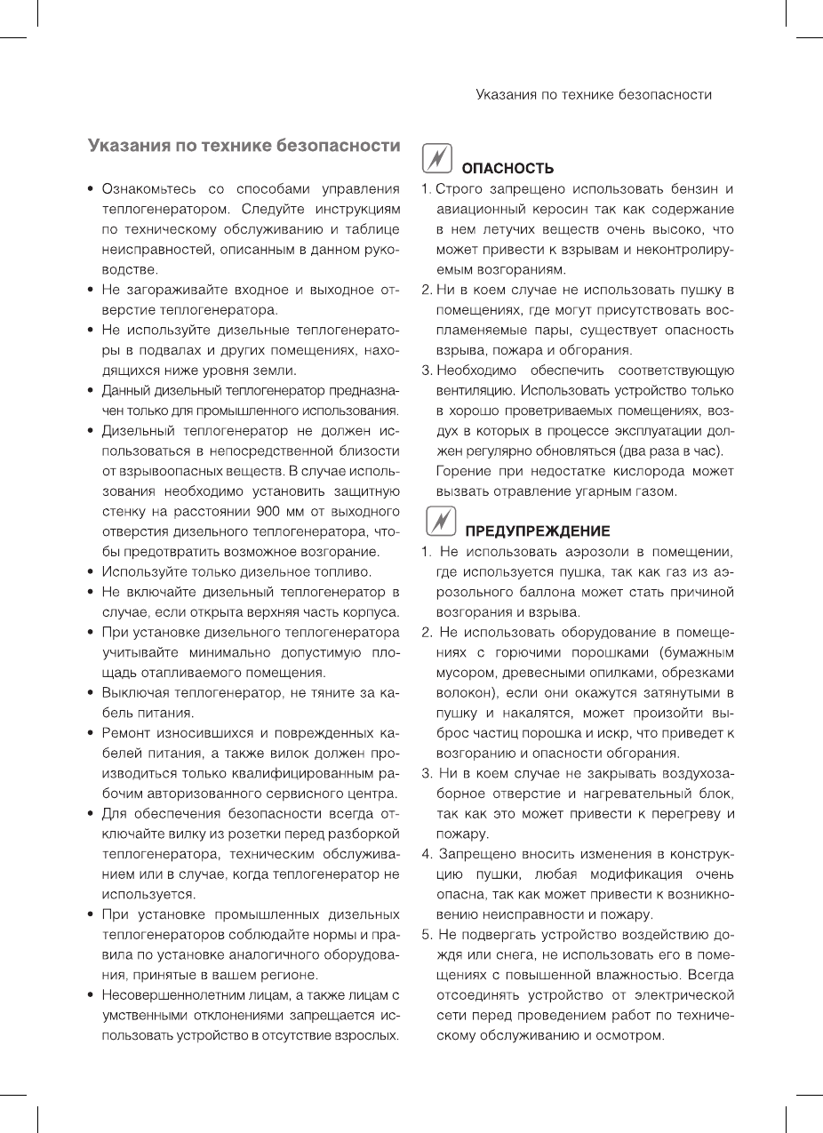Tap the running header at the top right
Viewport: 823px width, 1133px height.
pyautogui.click(x=594, y=93)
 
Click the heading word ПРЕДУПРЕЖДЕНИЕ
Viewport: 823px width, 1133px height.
pyautogui.click(x=538, y=531)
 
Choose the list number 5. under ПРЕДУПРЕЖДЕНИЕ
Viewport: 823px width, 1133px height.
pyautogui.click(x=427, y=934)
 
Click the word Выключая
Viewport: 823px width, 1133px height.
pyautogui.click(x=139, y=692)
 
